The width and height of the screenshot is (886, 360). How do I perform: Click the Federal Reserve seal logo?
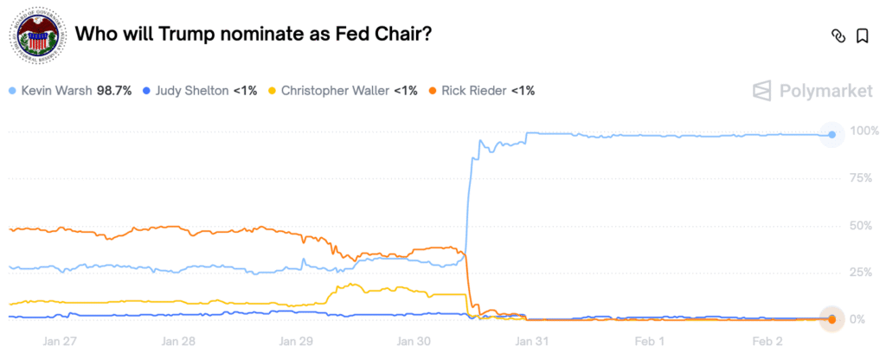coord(36,35)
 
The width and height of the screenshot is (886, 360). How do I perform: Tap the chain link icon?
coord(837,35)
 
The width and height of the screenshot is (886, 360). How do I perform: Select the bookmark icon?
coord(862,35)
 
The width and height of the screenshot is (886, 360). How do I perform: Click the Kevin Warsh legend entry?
coord(55,90)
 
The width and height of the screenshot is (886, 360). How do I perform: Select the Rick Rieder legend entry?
coord(475,90)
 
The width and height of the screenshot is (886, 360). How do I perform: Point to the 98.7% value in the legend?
coord(114,90)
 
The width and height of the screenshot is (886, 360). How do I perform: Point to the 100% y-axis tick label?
coord(865,131)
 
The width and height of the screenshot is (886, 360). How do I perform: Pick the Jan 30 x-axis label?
coord(413,340)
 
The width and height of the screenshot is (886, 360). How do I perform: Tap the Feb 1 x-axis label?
coord(649,340)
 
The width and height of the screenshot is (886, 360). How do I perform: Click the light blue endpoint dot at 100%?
coord(831,134)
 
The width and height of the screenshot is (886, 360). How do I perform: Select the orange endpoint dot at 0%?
coord(831,319)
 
